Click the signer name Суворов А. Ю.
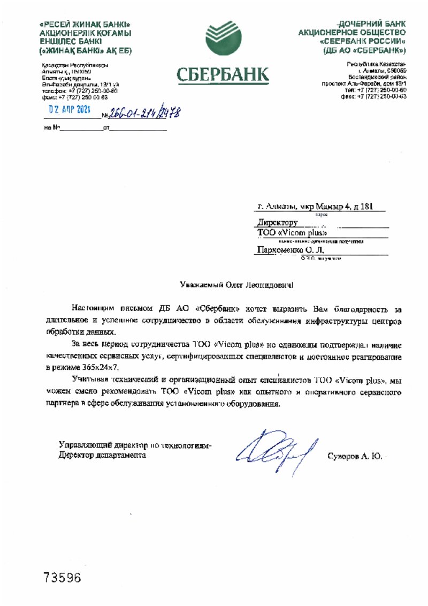354,456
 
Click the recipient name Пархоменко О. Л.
291,249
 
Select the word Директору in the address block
278,222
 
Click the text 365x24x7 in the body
102,367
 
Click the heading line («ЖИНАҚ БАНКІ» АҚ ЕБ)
86,50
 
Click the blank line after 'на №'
80,128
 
